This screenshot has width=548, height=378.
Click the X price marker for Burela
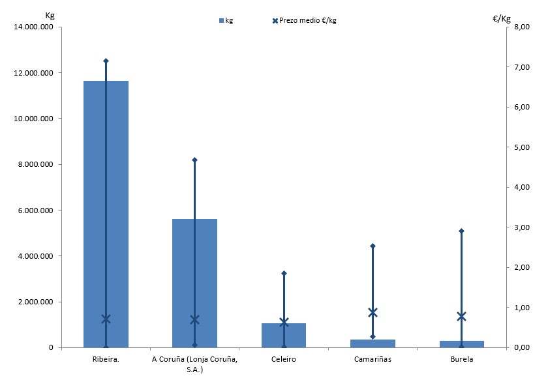point(462,317)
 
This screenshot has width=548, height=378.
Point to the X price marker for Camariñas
point(373,312)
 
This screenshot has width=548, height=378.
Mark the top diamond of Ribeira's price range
point(106,61)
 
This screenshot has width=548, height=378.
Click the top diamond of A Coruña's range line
point(194,160)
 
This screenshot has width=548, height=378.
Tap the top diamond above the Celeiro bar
point(284,273)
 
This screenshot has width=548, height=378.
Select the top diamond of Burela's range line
point(462,231)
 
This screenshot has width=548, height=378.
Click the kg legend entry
point(225,20)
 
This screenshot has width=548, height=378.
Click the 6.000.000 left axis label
point(37,210)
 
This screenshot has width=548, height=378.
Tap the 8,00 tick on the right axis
point(521,27)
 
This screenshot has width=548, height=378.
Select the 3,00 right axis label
point(521,227)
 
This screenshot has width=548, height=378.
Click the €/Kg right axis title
point(500,18)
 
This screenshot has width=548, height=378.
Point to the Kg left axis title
point(50,14)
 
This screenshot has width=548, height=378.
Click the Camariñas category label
point(373,358)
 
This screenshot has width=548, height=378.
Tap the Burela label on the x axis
point(462,358)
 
